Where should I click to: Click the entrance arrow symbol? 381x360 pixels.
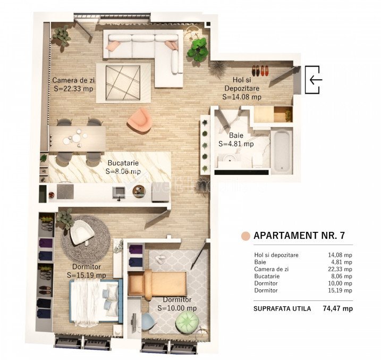(316, 79)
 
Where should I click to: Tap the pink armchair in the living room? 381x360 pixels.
(139, 121)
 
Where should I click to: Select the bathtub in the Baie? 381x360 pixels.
(282, 150)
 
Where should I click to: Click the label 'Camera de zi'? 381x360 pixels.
(74, 80)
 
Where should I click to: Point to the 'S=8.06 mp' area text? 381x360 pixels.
(123, 171)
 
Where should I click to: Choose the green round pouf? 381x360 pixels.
(188, 320)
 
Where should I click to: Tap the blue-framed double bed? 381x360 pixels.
(96, 301)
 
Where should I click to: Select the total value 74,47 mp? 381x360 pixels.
(338, 308)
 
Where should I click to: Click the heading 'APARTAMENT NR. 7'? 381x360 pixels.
(299, 235)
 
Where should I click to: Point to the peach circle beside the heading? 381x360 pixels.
(245, 236)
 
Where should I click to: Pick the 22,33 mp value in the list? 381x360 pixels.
(340, 269)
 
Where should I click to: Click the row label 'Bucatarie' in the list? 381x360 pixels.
(267, 276)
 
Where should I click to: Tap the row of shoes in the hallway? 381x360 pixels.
(260, 71)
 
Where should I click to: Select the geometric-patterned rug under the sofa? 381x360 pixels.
(123, 82)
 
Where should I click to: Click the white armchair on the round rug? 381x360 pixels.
(82, 232)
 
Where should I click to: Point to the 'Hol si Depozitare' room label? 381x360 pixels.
(242, 84)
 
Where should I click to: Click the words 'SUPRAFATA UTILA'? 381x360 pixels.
(282, 309)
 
